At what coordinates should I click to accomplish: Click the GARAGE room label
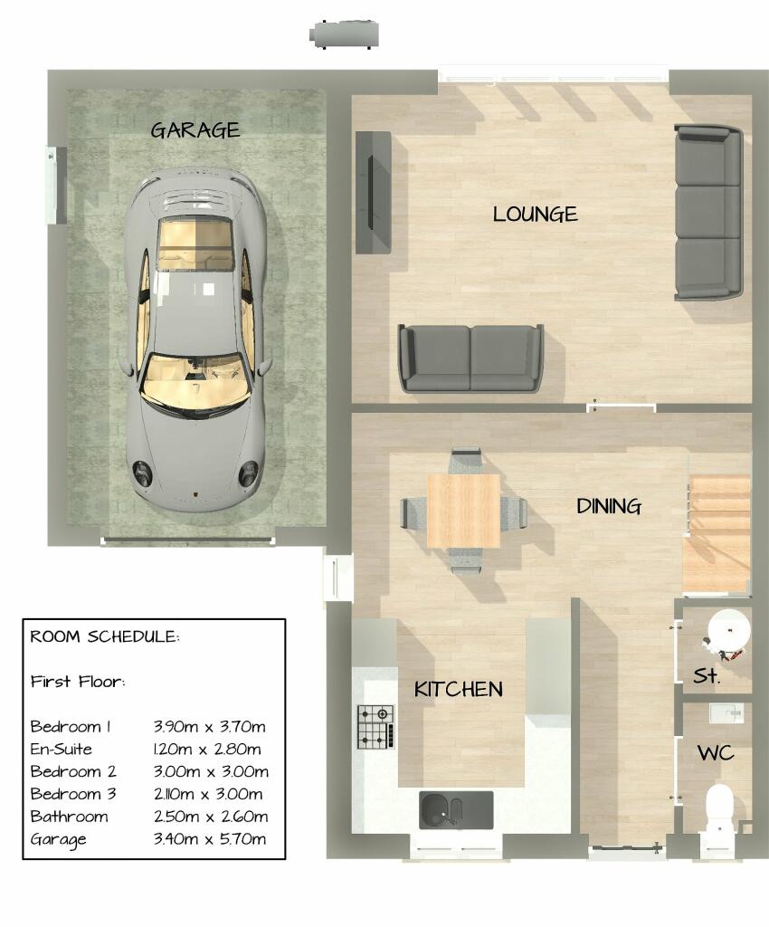coord(195,129)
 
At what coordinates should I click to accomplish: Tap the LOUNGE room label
coord(535,215)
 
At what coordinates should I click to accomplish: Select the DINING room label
coord(609,506)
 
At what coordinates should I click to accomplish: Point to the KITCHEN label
coord(458,689)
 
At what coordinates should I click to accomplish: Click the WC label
coord(715,753)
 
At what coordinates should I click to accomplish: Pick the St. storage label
coord(706,675)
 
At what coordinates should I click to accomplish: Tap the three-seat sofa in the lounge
coord(707,213)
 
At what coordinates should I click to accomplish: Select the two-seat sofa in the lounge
coord(470,358)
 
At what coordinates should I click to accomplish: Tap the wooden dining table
coord(463,511)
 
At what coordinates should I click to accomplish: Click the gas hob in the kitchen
coord(376,727)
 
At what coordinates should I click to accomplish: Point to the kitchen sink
coord(455,809)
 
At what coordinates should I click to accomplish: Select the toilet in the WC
coord(718,808)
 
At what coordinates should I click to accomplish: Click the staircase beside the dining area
coord(717,534)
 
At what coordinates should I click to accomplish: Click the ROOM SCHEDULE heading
coord(105,636)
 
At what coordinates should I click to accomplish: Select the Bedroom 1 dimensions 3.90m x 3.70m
coord(210,726)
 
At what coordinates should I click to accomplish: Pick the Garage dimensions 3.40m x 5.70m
coord(210,839)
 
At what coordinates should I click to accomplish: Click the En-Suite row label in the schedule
coord(62,749)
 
